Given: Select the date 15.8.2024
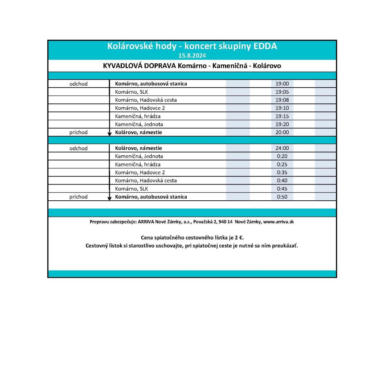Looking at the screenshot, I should [x=192, y=55].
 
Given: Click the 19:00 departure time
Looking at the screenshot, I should [x=282, y=84].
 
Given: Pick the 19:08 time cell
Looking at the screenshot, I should [x=282, y=100].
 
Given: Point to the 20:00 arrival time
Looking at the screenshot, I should [x=282, y=132].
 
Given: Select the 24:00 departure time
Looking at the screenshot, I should [x=282, y=148].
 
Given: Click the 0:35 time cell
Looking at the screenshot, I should [x=282, y=172].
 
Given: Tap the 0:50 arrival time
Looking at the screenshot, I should [x=282, y=197].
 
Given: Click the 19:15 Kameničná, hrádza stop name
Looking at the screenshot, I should [x=138, y=116].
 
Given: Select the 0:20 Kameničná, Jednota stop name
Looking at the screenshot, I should [x=139, y=156].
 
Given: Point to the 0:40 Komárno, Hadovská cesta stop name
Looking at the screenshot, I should [x=146, y=181].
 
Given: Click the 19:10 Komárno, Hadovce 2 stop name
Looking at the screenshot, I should [x=140, y=108].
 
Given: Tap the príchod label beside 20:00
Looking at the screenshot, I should [x=79, y=132].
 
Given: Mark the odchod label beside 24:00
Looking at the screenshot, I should [x=79, y=148].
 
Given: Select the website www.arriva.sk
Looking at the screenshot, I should [x=279, y=222].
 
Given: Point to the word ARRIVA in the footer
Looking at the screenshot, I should [x=146, y=222].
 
